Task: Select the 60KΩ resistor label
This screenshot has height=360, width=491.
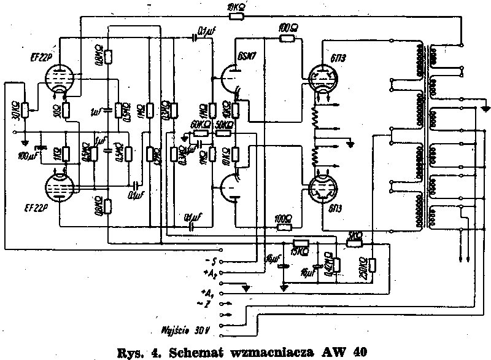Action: pyautogui.click(x=201, y=124)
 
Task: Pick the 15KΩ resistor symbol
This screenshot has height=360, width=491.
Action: pyautogui.click(x=301, y=243)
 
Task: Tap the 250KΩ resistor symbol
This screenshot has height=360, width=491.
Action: pyautogui.click(x=373, y=264)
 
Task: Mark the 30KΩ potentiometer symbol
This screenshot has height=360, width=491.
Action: pyautogui.click(x=26, y=109)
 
